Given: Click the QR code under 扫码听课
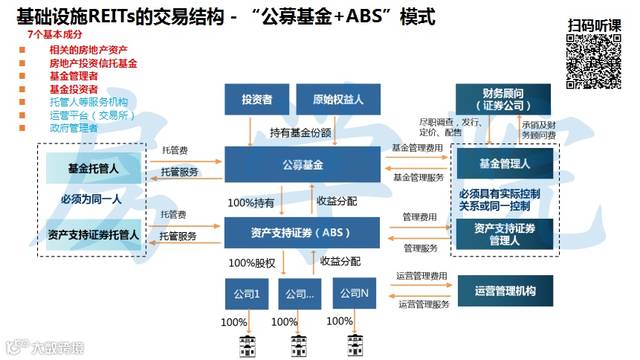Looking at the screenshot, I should point(593,62).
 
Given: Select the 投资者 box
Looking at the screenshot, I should point(256,99).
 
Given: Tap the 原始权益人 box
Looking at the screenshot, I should point(338,99).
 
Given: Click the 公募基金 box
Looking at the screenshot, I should point(303,164).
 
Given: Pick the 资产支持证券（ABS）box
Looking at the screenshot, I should point(301,232).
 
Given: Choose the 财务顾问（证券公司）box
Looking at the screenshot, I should point(503,99).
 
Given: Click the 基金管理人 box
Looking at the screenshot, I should point(505,164).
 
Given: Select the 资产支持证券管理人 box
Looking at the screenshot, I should point(504,233).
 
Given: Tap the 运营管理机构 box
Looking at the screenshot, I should point(505,291).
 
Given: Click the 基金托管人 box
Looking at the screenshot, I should point(93,168).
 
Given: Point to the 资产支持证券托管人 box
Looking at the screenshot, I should point(93,235).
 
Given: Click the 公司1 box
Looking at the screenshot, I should point(247,293).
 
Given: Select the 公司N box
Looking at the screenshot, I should point(355,292).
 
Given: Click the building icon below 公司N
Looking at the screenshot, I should point(355,346).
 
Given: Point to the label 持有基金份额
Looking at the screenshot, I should point(300,132).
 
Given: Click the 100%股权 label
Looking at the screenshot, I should point(252,262).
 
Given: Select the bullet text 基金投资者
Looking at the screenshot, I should point(73,89).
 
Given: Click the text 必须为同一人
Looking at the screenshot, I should point(91,199).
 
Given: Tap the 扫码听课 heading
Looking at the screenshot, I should point(593,25).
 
